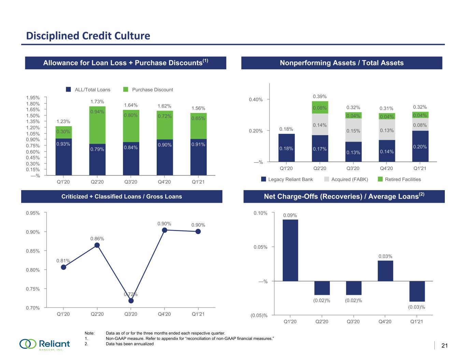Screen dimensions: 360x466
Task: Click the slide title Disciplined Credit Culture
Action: point(88,36)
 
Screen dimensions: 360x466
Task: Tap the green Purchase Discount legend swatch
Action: point(126,89)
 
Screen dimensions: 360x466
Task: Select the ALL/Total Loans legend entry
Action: point(88,89)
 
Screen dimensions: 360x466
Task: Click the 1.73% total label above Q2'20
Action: point(97,102)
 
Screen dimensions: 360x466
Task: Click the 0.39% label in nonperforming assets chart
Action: point(320,97)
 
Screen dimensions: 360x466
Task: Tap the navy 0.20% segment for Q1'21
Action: point(420,146)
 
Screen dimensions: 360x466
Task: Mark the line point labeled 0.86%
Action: point(97,245)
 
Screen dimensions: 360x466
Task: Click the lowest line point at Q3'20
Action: point(131,301)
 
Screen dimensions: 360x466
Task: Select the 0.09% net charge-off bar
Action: point(290,250)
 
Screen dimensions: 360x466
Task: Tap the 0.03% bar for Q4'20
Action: point(385,271)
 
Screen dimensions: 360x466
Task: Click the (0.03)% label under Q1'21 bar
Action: point(416,307)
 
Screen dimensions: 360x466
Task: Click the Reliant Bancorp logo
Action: point(45,344)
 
